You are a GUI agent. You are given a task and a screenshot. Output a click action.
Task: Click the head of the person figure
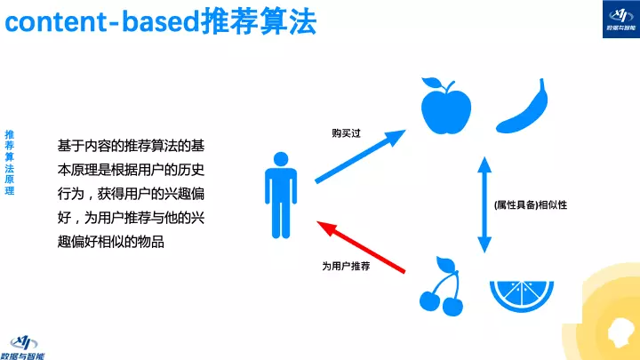(x=281, y=159)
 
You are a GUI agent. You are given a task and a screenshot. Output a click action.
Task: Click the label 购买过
(x=345, y=133)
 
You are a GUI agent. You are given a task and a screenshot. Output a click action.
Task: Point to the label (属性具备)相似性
(x=530, y=205)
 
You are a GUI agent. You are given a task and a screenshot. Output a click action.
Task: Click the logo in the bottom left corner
(x=28, y=344)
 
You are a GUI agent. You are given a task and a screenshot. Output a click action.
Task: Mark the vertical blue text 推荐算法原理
(x=10, y=164)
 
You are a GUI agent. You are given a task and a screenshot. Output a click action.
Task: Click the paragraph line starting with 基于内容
(x=132, y=145)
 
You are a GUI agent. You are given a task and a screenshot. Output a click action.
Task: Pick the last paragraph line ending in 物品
(x=111, y=242)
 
